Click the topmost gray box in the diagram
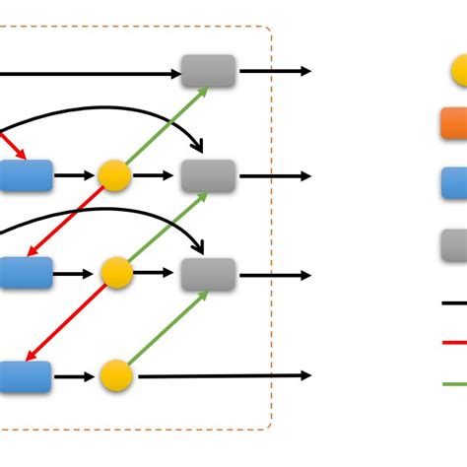pos(209,71)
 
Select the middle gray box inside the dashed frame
pos(209,175)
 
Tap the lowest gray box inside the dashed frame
pos(209,274)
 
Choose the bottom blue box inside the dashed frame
pos(24,376)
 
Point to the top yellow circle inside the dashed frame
pos(114,175)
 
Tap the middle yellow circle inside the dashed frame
pos(116,273)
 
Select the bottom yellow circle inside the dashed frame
pos(116,375)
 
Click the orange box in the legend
pos(454,123)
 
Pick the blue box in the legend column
pos(454,183)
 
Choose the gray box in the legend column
pos(454,243)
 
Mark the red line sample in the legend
pos(454,343)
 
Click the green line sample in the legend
pos(454,383)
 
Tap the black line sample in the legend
pos(454,303)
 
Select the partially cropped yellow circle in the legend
pos(459,71)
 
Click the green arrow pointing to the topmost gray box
pos(167,126)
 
